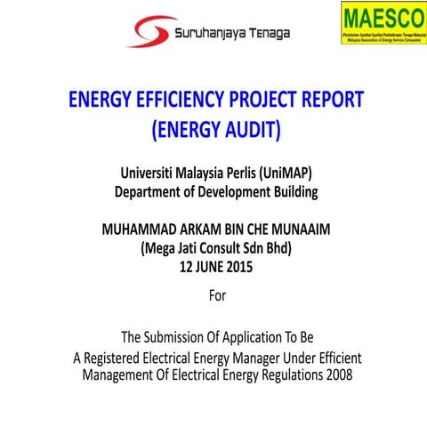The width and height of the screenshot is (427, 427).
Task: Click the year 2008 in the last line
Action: pyautogui.click(x=334, y=375)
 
